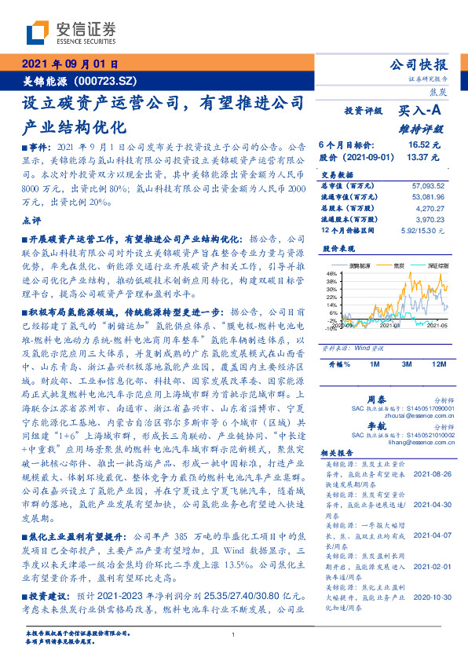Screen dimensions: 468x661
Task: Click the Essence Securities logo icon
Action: coord(37,32)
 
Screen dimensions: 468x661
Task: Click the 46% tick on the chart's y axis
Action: coord(331,274)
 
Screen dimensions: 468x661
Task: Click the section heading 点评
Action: coord(31,221)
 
